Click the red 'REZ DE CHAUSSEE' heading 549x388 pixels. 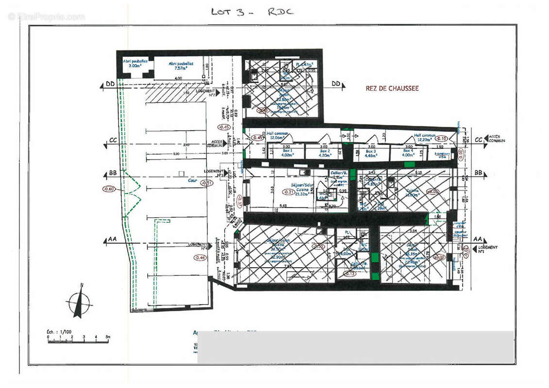coord(392,88)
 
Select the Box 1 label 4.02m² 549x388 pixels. coord(288,153)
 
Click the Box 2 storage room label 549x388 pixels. coord(324,153)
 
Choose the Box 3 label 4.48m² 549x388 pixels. coord(371,153)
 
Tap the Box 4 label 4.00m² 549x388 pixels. coord(408,153)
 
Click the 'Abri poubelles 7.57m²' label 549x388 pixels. coord(181,66)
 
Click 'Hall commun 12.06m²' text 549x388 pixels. coord(278,136)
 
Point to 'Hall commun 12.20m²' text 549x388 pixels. coord(425,138)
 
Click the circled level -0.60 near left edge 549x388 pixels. coord(109,189)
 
